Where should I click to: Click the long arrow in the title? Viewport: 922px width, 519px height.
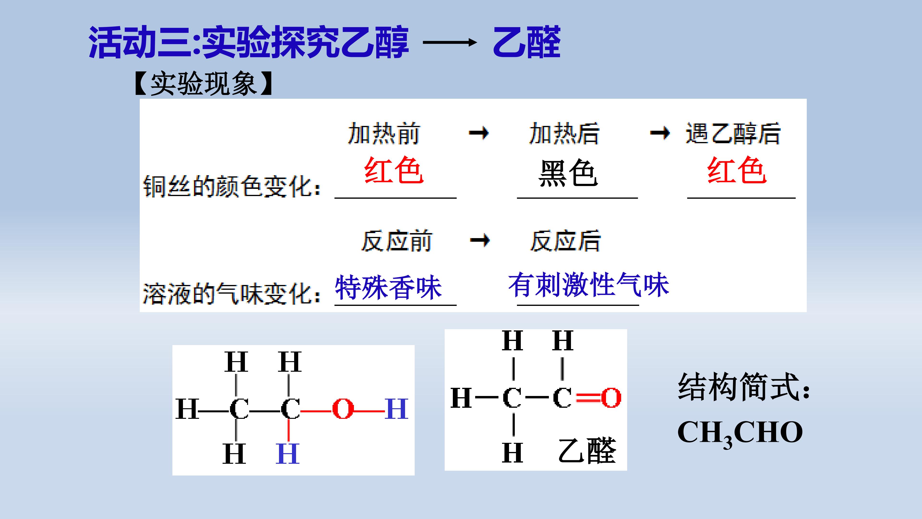450,43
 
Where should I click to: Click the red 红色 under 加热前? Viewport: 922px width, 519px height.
394,171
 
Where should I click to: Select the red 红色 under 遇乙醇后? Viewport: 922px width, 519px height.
737,171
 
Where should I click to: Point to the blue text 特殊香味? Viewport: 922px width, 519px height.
388,287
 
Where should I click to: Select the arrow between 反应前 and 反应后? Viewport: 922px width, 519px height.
480,240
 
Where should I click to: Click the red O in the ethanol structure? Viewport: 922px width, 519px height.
343,409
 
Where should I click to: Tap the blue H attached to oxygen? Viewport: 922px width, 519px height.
397,409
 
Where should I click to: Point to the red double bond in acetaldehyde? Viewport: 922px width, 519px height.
588,398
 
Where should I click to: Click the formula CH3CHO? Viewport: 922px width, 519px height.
740,433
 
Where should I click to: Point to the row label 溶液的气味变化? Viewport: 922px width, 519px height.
232,294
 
